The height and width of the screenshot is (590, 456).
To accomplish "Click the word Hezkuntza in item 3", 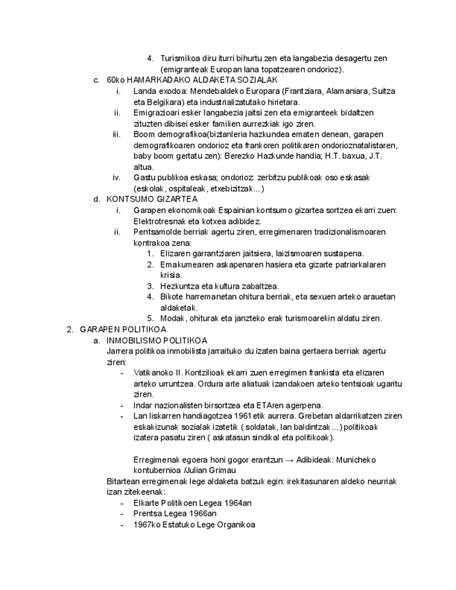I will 179,286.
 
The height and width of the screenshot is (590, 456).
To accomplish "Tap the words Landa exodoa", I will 156,91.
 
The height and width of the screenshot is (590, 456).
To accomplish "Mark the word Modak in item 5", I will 171,319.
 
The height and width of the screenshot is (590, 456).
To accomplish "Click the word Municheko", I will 359,460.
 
